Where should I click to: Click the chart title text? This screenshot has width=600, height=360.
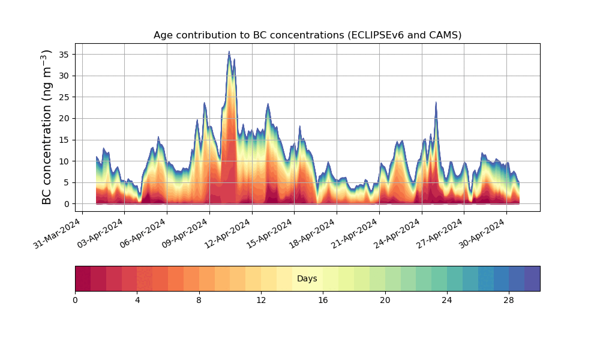click(307, 35)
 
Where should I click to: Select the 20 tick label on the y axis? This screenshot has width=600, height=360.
click(65, 118)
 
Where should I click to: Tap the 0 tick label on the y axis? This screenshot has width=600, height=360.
click(67, 204)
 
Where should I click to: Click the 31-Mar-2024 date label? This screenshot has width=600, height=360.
click(58, 234)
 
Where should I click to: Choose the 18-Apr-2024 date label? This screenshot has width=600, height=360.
click(312, 234)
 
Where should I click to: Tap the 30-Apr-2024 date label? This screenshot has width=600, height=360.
click(482, 234)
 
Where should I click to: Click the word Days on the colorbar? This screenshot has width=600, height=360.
click(307, 279)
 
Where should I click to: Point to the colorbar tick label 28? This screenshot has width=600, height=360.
click(509, 300)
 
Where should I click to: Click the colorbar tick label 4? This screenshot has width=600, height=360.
click(137, 300)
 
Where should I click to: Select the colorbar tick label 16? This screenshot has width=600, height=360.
click(323, 300)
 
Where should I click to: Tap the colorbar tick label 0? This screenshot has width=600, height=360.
click(75, 300)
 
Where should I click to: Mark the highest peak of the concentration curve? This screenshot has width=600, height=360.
click(229, 52)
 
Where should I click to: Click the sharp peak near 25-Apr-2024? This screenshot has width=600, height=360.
click(436, 102)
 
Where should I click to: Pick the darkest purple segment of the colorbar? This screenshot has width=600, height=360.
click(532, 278)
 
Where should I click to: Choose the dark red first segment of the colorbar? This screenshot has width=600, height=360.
click(83, 278)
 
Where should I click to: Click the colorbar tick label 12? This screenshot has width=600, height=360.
click(261, 300)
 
